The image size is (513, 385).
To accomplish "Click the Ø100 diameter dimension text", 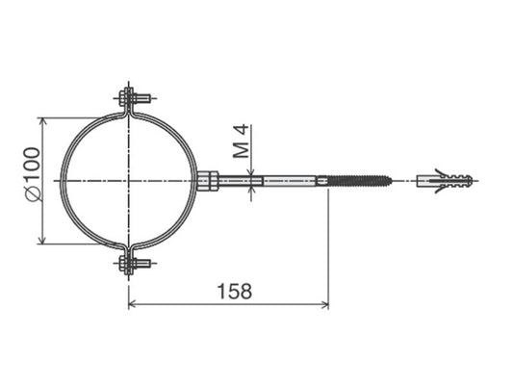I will tap(30, 173).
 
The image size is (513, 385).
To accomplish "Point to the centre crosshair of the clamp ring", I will tap(128, 180).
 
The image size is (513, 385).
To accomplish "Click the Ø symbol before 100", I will tap(30, 194).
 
